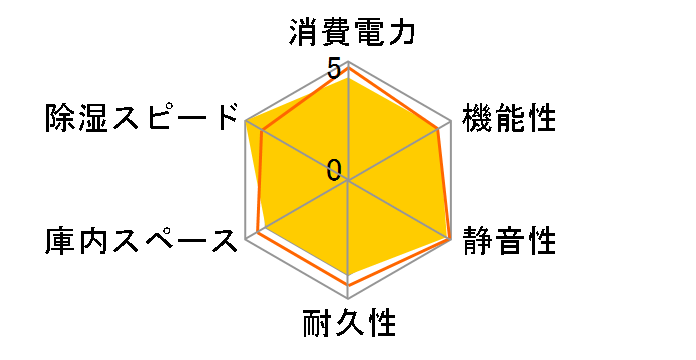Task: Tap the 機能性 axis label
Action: (x=508, y=119)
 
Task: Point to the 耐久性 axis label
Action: (x=348, y=325)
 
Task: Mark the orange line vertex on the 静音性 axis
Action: (x=451, y=240)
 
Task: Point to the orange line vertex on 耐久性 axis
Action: (x=348, y=285)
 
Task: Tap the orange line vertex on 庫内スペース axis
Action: (x=258, y=232)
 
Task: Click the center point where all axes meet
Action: (x=348, y=181)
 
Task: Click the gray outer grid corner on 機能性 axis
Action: (x=451, y=121)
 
